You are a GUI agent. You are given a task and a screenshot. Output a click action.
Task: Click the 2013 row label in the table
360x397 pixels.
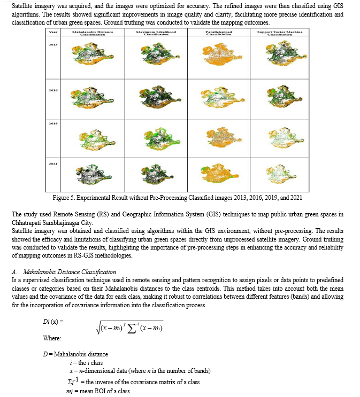[53, 45]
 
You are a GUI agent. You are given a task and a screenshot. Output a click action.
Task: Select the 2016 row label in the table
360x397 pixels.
[53, 91]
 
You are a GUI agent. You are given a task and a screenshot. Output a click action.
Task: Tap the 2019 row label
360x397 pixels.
[53, 123]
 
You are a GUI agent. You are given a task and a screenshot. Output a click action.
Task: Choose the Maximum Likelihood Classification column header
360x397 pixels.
[156, 33]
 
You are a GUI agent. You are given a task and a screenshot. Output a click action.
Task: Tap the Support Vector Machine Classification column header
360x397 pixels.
[280, 33]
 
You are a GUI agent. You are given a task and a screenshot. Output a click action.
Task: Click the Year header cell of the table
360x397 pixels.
[53, 33]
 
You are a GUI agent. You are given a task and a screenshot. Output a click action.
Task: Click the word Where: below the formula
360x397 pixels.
[52, 338]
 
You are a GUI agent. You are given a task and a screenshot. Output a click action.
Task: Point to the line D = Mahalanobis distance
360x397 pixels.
[75, 354]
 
